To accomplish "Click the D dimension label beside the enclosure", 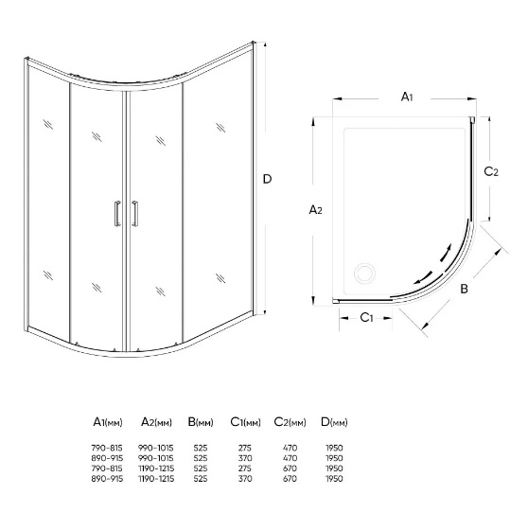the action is (267, 179).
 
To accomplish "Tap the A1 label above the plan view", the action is (407, 97).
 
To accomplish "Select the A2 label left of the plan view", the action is (316, 210).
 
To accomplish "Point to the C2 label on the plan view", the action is (491, 171).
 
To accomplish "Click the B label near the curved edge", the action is (464, 289).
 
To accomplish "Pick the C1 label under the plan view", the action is (366, 318).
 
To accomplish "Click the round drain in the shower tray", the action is (364, 273).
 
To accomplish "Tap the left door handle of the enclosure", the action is (116, 213).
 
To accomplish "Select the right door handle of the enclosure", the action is (135, 213).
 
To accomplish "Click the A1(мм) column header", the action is (108, 422).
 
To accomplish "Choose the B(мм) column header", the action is (201, 422).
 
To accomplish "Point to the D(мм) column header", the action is (334, 422).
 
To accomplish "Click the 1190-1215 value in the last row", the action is (156, 479).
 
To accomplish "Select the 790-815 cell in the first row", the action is (107, 449).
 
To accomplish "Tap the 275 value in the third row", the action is (245, 468).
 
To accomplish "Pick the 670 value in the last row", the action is (290, 479).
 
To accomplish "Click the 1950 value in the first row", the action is (334, 449).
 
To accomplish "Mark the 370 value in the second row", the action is (245, 458).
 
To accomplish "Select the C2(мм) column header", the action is (290, 422).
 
